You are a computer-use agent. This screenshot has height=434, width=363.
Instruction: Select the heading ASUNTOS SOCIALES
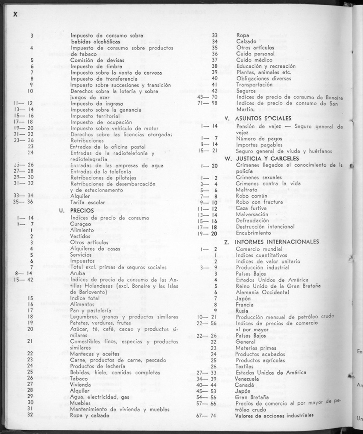click(x=258, y=118)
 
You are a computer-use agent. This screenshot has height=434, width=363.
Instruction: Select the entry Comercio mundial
click(x=259, y=249)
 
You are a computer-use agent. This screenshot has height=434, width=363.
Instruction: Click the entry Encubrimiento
click(x=253, y=233)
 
